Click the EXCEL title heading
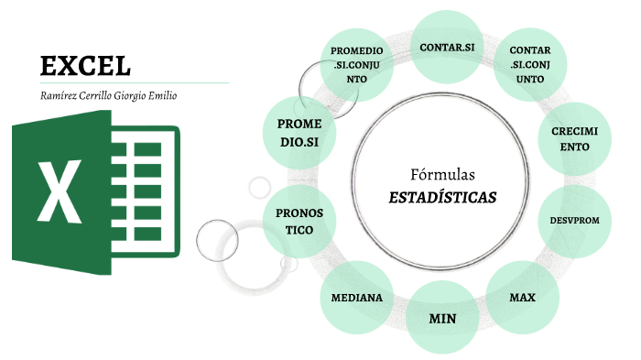point(85,65)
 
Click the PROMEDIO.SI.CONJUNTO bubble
point(357,64)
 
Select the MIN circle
point(442,319)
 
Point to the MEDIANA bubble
point(357,299)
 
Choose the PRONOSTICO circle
point(299,222)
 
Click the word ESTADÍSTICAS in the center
point(442,196)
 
